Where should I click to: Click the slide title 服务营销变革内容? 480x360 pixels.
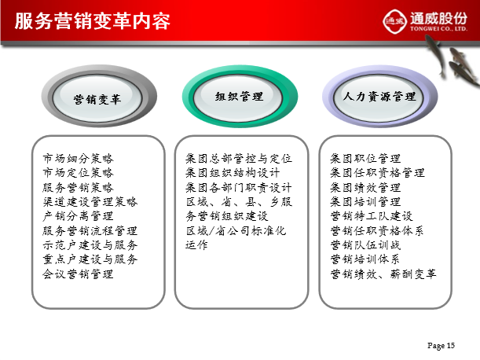[92, 21]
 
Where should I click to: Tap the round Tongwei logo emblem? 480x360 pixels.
[394, 21]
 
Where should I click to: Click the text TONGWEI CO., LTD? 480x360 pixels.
[438, 29]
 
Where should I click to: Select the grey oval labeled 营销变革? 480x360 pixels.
[99, 96]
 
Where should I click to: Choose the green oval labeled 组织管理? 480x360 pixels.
[240, 96]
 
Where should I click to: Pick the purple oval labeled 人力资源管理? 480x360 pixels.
[380, 96]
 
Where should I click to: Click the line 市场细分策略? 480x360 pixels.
[78, 159]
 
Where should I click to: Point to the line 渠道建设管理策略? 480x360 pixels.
[90, 201]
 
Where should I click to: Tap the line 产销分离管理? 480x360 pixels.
[78, 216]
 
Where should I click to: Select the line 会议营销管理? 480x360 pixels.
[78, 274]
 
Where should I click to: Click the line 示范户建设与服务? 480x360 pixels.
[90, 244]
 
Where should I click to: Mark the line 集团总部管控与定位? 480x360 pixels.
[239, 159]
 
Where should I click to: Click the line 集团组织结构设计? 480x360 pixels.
[233, 173]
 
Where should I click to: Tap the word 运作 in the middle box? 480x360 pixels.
[196, 244]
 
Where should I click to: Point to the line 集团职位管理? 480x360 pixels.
[365, 159]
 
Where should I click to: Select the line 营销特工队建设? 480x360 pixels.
[372, 216]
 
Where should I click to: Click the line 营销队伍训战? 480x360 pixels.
[365, 244]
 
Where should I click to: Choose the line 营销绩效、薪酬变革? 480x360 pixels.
[383, 274]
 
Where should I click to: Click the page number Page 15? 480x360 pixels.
[442, 346]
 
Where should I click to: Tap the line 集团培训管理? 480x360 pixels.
[365, 201]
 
